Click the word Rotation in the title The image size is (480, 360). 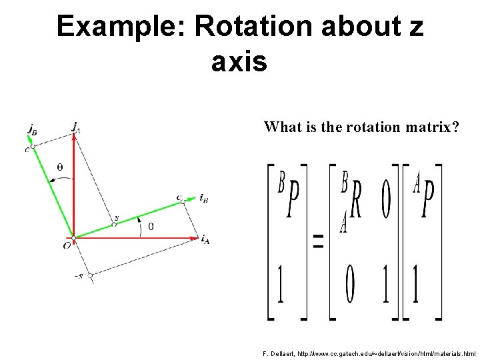click(x=253, y=27)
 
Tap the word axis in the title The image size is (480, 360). click(x=239, y=62)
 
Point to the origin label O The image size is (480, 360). click(x=67, y=246)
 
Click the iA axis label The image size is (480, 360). click(x=205, y=239)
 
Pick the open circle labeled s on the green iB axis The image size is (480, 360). click(x=114, y=224)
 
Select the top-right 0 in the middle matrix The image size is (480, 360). click(x=386, y=201)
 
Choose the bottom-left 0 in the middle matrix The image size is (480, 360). click(x=349, y=285)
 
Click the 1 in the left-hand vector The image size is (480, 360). click(x=281, y=285)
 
